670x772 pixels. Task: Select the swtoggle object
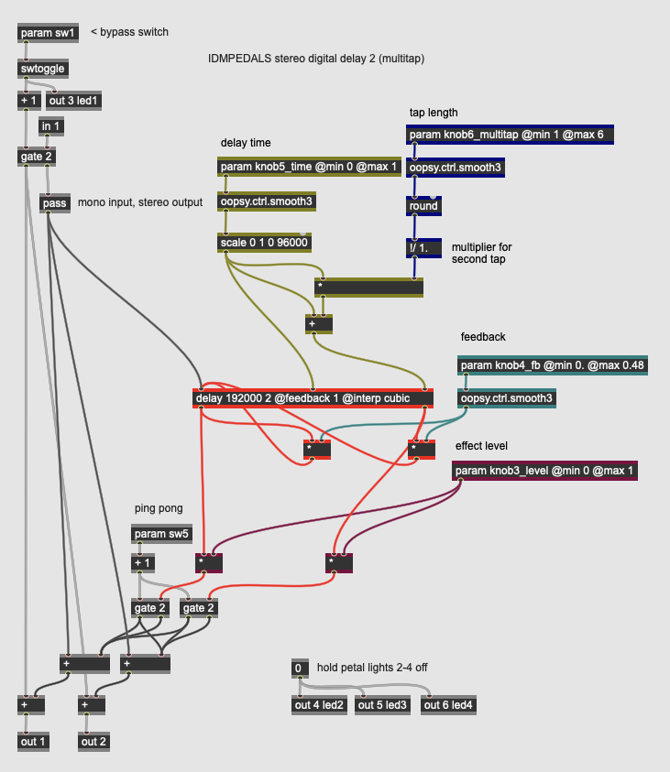(43, 68)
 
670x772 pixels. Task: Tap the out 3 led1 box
(74, 101)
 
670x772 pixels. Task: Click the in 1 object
(51, 125)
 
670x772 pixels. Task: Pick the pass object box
(55, 202)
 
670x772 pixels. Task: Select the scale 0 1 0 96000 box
(265, 243)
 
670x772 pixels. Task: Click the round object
(423, 206)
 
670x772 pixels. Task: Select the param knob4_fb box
(553, 365)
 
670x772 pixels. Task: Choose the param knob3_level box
(544, 471)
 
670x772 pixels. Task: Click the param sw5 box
(162, 534)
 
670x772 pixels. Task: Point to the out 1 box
(33, 741)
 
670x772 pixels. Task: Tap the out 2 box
(93, 741)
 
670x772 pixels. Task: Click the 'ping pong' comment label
(158, 508)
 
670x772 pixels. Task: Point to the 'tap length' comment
(433, 113)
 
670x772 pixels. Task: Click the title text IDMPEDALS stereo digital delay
(316, 58)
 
